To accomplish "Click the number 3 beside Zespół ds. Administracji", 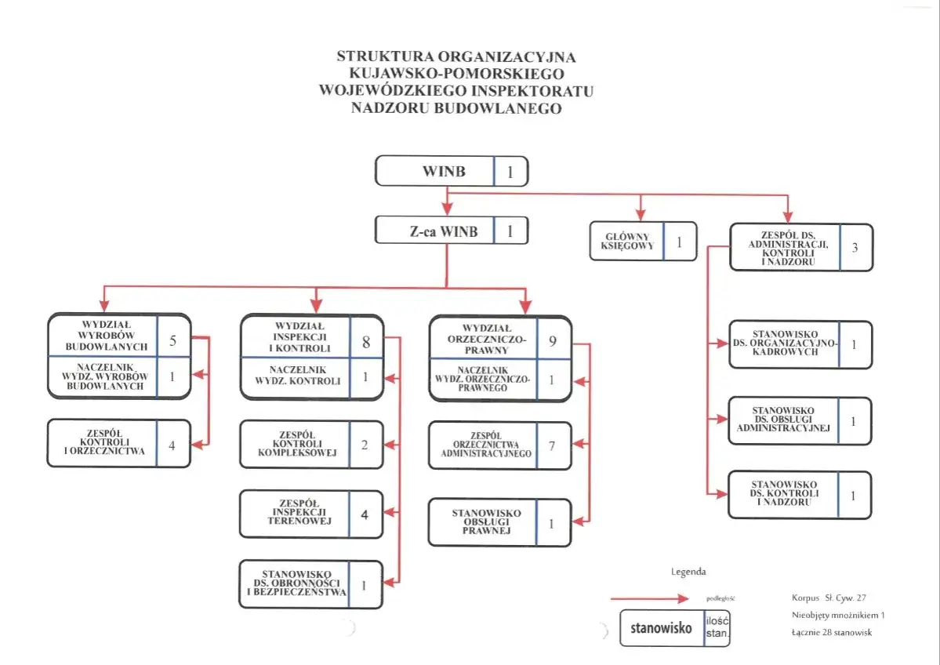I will pyautogui.click(x=855, y=248).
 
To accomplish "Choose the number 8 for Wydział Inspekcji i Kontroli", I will pyautogui.click(x=365, y=342).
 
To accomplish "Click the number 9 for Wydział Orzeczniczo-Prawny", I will pyautogui.click(x=553, y=341).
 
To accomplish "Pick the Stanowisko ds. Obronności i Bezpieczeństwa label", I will pyautogui.click(x=296, y=584).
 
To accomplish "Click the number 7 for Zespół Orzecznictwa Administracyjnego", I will pyautogui.click(x=552, y=446).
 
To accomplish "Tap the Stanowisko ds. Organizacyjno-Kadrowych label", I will pyautogui.click(x=784, y=343).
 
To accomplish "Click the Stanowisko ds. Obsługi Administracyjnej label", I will pyautogui.click(x=783, y=420).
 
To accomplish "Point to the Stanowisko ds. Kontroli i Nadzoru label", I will pyautogui.click(x=783, y=494).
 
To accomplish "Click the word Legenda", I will pyautogui.click(x=688, y=572).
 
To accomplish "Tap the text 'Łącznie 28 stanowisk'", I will pyautogui.click(x=831, y=633).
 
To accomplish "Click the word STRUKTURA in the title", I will pyautogui.click(x=385, y=57).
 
